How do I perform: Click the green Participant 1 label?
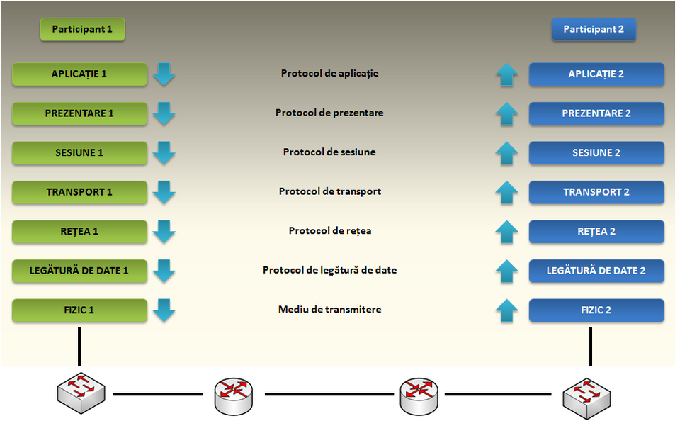tap(82, 29)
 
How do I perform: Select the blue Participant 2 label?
tap(594, 29)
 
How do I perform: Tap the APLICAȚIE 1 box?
tap(79, 74)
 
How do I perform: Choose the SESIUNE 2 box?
tap(596, 152)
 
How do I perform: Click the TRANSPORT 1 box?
tap(79, 192)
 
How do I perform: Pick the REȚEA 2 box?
tap(596, 231)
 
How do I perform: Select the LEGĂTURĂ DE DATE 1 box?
tap(79, 271)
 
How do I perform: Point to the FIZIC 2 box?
tap(596, 310)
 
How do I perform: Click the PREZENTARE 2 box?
tap(596, 113)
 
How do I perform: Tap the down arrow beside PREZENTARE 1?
tap(164, 113)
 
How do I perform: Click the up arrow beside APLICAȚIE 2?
tap(506, 74)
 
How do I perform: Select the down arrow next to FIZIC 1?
tap(164, 310)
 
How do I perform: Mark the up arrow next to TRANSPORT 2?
tap(506, 192)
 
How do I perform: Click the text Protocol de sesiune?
tap(329, 152)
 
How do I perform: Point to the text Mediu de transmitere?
tap(329, 310)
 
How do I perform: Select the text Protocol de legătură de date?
tap(329, 271)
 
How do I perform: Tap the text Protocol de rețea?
tap(329, 231)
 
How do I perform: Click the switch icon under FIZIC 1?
tap(81, 392)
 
